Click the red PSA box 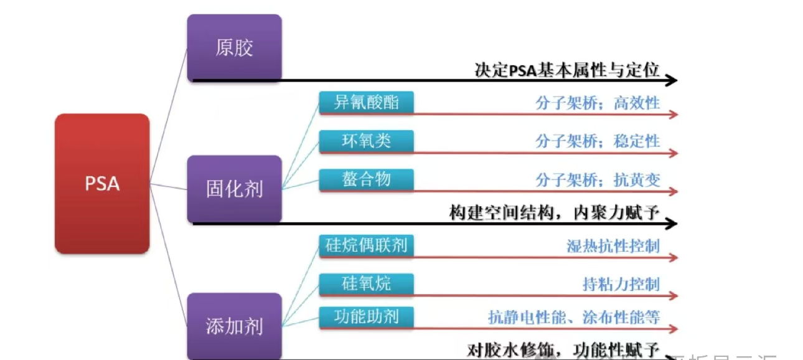click(102, 184)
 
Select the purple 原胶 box click(234, 48)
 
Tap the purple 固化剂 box click(234, 189)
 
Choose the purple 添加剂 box click(234, 326)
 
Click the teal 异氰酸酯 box click(366, 103)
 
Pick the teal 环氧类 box click(366, 141)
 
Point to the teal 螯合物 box click(366, 179)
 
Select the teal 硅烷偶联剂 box click(366, 245)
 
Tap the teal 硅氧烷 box click(366, 283)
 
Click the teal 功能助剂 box click(366, 317)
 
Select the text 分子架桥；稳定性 click(597, 141)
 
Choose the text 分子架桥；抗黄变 click(597, 180)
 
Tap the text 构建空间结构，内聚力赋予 click(554, 213)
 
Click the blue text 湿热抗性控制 click(613, 246)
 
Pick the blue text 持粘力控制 click(621, 285)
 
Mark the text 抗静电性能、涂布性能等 click(573, 317)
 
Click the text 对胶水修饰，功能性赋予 click(563, 350)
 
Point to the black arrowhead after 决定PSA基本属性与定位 click(671, 80)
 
